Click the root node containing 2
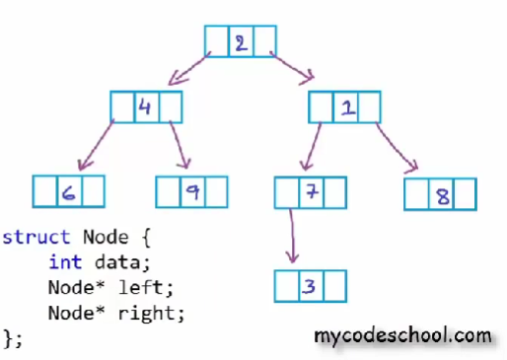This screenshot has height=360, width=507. point(241,41)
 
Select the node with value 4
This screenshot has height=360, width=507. point(146,107)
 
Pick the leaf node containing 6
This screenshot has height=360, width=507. point(68,191)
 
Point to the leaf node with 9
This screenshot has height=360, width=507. point(192,191)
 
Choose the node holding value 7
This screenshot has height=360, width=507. point(312,191)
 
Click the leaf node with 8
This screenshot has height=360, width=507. point(440,194)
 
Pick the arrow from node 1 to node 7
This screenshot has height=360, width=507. point(310,144)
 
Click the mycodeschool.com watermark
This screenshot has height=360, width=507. point(401,336)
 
